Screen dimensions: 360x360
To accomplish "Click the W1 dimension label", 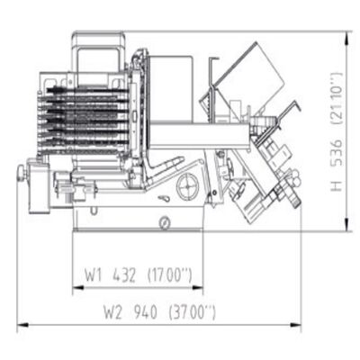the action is [x=94, y=275].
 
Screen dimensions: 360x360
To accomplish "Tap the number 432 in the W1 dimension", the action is [x=124, y=275].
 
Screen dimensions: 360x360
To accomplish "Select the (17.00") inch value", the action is [x=169, y=275].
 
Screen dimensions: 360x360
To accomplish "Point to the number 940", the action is [x=145, y=312].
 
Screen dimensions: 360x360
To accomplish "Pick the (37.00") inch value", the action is [x=192, y=312].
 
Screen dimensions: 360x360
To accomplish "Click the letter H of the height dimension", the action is [x=337, y=186].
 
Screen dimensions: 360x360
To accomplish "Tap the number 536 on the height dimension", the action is [x=337, y=152].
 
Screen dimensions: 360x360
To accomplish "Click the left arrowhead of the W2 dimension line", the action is [x=22, y=325].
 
